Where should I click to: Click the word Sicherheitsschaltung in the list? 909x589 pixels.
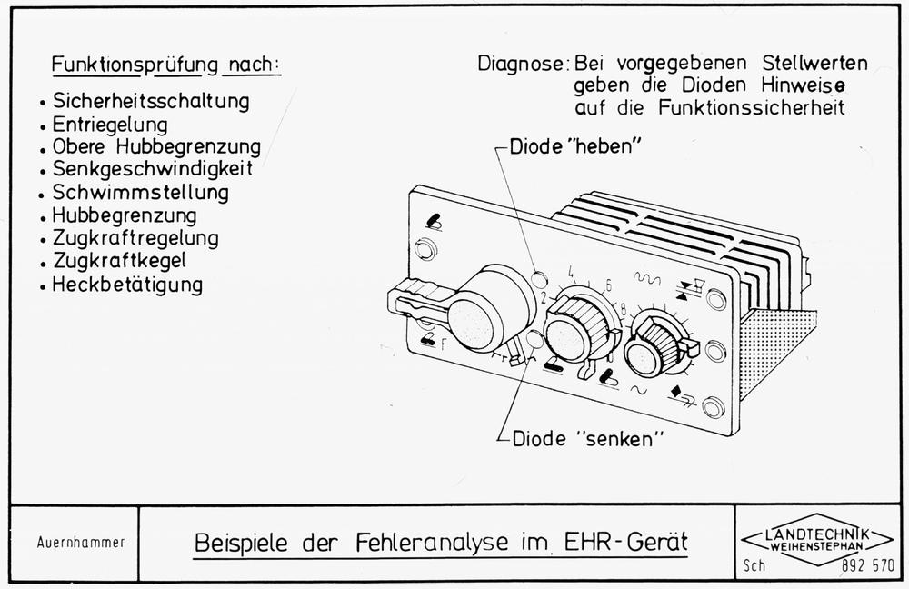click(151, 99)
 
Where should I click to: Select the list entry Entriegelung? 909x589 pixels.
click(110, 123)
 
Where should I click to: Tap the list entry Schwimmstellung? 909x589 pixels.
click(140, 193)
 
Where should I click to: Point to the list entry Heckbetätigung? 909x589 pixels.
click(127, 285)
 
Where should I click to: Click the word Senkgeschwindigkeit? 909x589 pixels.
click(152, 169)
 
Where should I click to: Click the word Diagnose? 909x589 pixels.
click(522, 65)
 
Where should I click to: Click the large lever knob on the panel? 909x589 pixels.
click(488, 310)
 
